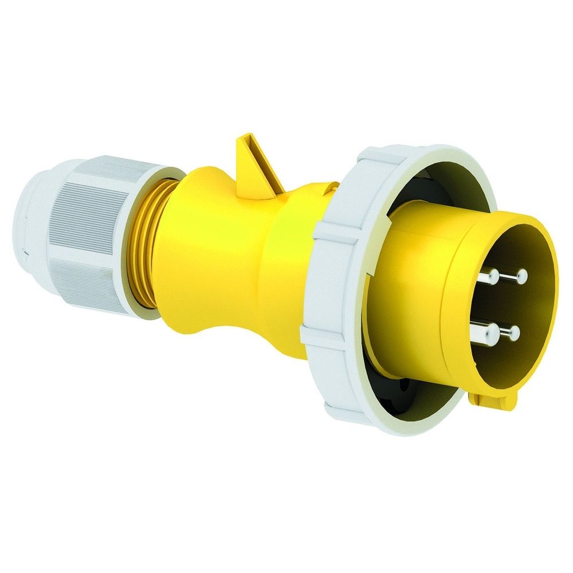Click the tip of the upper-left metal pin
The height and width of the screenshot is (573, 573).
coord(491,277)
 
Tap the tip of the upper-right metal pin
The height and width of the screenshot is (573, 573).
coord(521,277)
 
